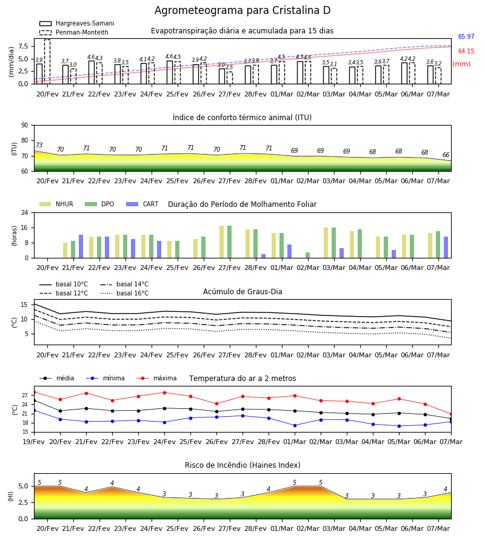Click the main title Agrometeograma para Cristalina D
point(242,10)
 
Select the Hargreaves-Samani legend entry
point(76,23)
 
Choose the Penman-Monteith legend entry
point(74,32)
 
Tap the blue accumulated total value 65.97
point(466,36)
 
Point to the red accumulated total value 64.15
point(466,51)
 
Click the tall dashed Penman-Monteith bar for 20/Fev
point(47,62)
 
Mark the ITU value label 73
point(39,145)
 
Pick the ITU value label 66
point(446,155)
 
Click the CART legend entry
point(142,204)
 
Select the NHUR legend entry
point(56,204)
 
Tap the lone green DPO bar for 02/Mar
point(308,255)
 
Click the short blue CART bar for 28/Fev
point(263,256)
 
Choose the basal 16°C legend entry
point(124,293)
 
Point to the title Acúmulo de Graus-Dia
point(242,292)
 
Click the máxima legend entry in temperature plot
point(156,378)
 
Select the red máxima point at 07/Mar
point(451,414)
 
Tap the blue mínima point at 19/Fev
point(35,411)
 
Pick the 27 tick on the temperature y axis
point(25,395)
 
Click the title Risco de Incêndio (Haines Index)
point(242,465)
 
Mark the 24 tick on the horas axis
point(25,212)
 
